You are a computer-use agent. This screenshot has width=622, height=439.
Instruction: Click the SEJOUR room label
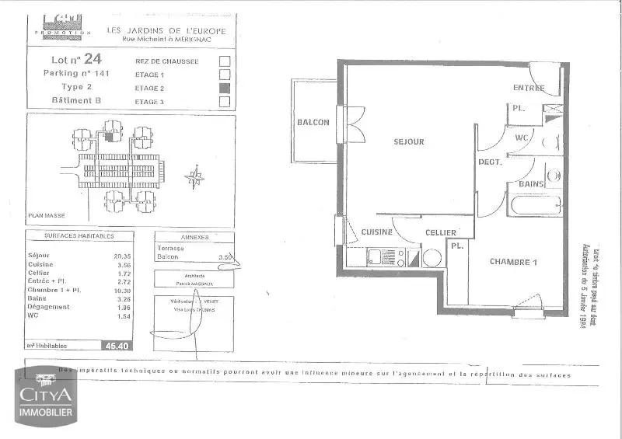(409, 141)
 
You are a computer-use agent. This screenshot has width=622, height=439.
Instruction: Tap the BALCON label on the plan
(313, 122)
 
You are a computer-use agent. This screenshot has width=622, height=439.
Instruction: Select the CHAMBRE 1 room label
(514, 262)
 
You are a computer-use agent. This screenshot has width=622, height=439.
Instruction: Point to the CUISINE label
(376, 232)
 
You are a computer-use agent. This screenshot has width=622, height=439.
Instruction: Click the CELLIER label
(440, 232)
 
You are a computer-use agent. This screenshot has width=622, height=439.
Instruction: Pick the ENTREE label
(529, 88)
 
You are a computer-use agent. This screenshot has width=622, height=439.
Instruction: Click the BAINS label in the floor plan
(525, 184)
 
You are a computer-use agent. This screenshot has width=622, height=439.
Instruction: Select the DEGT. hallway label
(490, 162)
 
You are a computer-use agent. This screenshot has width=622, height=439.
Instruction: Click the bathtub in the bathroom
(534, 206)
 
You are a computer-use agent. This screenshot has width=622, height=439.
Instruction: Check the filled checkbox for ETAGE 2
(225, 88)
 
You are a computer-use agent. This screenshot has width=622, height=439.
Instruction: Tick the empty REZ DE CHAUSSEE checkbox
(225, 60)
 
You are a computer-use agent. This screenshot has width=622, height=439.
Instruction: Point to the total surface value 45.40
(119, 346)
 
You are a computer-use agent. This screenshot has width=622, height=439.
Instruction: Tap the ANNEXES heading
(194, 238)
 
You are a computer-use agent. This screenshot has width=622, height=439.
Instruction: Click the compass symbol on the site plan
(195, 178)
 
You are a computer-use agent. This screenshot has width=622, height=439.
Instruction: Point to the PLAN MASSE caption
(47, 215)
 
